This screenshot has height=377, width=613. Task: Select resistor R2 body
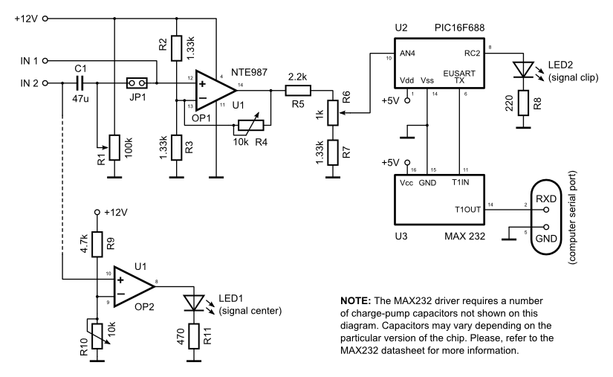(176, 48)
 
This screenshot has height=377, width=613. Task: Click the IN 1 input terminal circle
(46, 60)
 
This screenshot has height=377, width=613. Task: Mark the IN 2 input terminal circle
(46, 83)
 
